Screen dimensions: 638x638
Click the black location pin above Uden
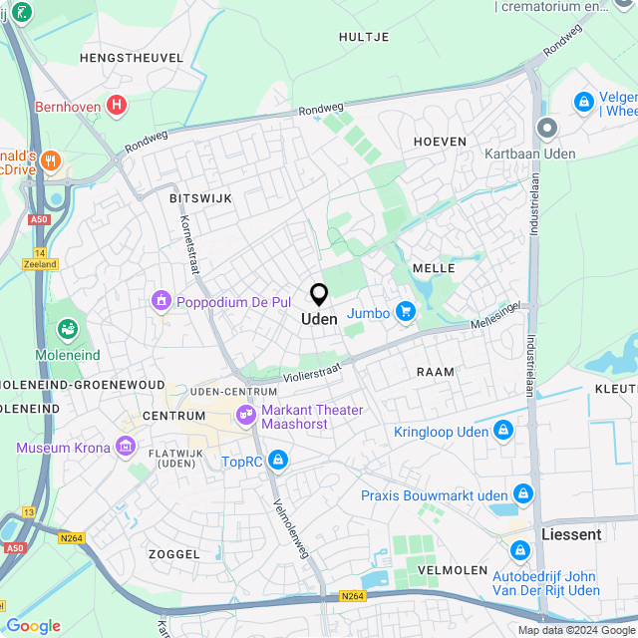click(319, 295)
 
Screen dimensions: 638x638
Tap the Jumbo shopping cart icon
click(405, 313)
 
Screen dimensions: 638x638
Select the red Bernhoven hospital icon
click(118, 104)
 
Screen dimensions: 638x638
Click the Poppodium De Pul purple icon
click(159, 300)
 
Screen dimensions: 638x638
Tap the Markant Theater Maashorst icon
click(244, 414)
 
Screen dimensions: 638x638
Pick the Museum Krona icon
click(127, 448)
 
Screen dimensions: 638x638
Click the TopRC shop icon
click(278, 461)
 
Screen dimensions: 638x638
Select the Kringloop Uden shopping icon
click(503, 431)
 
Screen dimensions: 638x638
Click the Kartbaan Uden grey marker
click(546, 128)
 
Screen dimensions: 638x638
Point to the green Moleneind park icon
click(68, 328)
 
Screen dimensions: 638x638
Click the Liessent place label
click(571, 534)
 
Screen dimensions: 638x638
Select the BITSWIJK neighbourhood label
click(200, 198)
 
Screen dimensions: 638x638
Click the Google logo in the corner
click(33, 626)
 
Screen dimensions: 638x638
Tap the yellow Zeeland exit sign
click(40, 264)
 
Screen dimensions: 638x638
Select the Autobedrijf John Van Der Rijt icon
click(519, 550)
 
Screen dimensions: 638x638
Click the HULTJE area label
click(364, 36)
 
